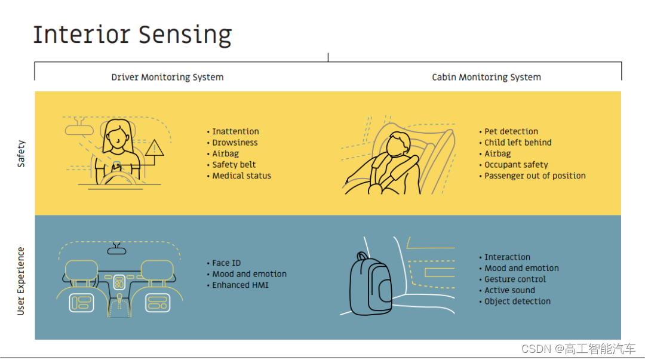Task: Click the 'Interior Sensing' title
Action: point(132,35)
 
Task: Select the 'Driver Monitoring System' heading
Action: point(167,77)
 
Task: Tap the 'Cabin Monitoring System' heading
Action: point(486,77)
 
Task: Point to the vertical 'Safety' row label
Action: point(21,153)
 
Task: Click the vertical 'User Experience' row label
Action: point(21,281)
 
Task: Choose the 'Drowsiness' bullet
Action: point(235,143)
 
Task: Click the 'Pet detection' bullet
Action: point(511,131)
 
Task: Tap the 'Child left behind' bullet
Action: point(518,143)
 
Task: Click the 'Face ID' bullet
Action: point(226,263)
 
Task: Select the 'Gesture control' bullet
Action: point(515,279)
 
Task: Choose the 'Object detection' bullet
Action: point(517,301)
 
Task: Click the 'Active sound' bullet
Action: point(509,290)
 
